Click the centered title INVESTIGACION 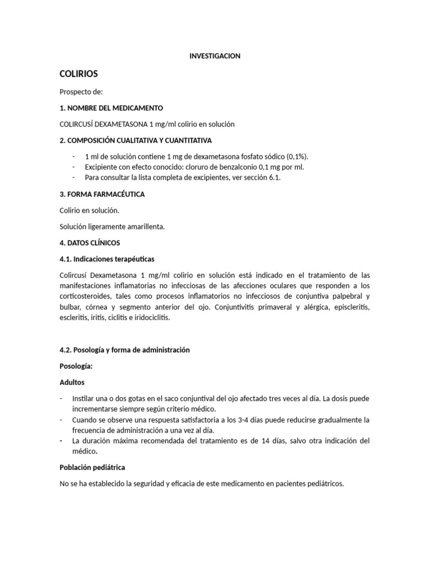pos(215,56)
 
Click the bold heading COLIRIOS pos(79,74)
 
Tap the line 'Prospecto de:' pos(81,91)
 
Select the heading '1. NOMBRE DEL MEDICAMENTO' pos(111,107)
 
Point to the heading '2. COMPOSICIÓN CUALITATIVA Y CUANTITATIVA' pos(135,140)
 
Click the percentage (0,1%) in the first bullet pos(298,157)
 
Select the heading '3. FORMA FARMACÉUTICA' pos(102,194)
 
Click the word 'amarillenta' pos(145,227)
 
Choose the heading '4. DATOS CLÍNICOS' pos(90,243)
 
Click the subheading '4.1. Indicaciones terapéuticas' pos(107,259)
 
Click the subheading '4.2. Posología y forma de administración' pos(124,350)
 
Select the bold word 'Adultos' pos(72,383)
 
